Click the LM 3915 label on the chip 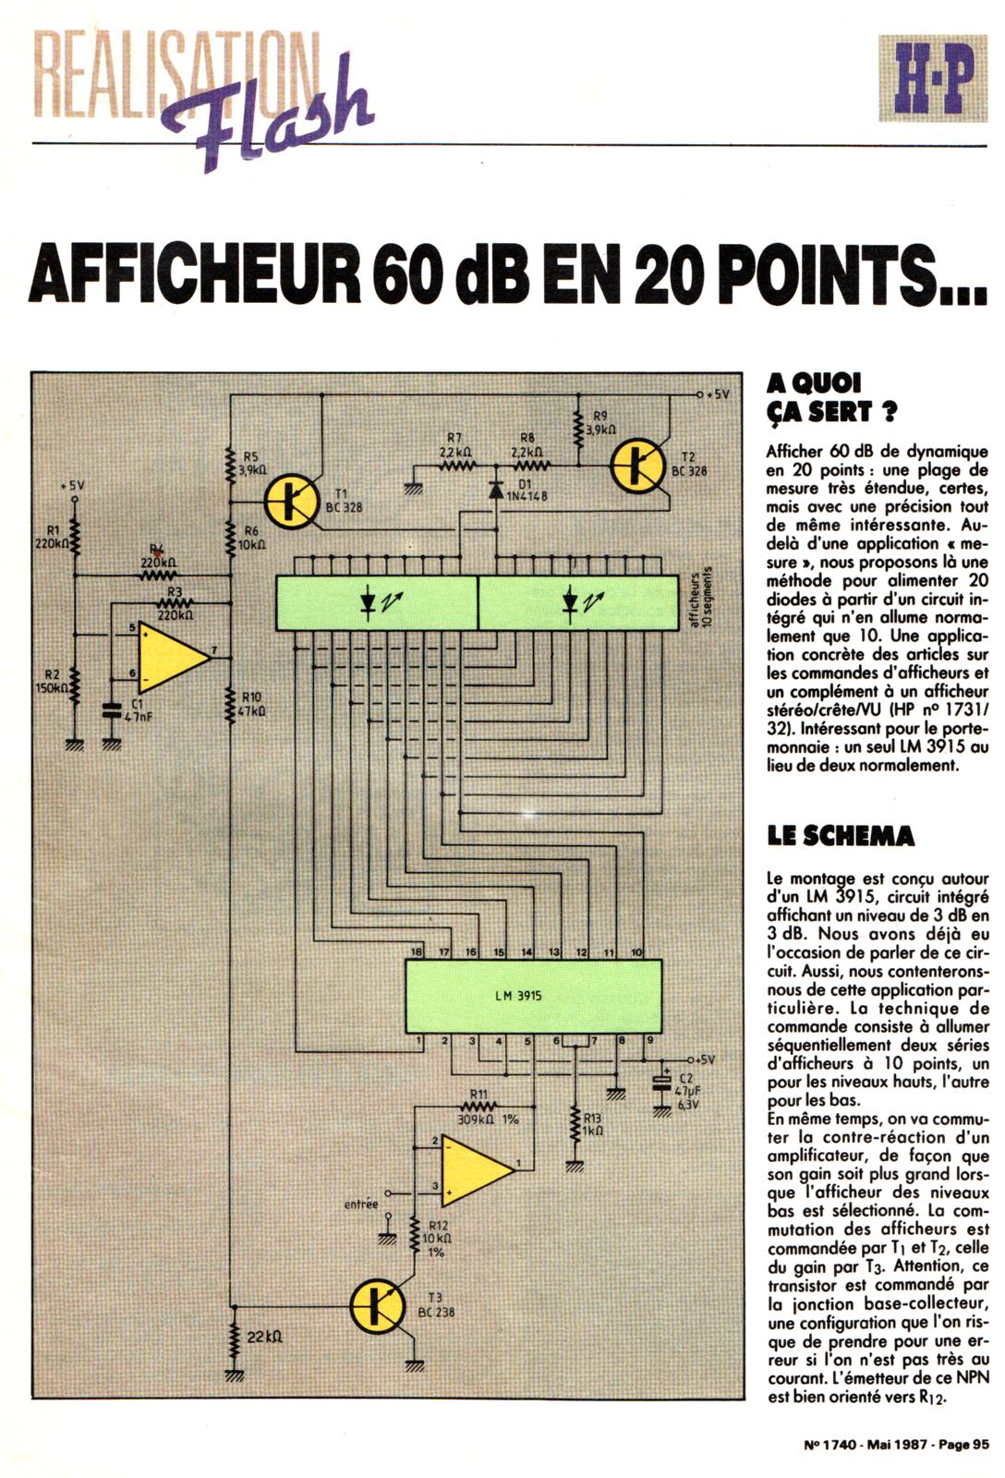(518, 996)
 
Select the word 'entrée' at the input (361, 1205)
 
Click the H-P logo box (933, 78)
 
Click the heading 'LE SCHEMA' (841, 836)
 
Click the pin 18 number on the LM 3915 (417, 951)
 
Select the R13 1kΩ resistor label (593, 1124)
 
